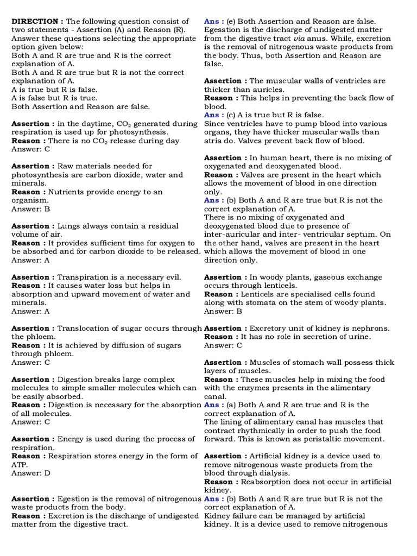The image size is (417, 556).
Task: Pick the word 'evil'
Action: point(171,277)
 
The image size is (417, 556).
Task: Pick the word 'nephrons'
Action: point(370,328)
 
